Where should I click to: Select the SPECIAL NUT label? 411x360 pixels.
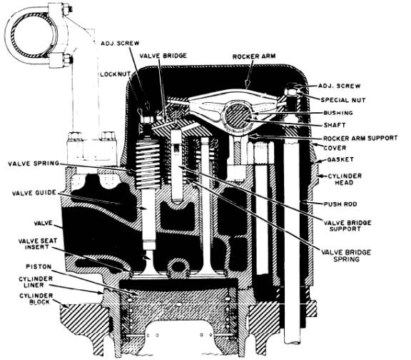[346, 100]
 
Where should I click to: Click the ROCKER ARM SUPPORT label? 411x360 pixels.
[358, 138]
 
